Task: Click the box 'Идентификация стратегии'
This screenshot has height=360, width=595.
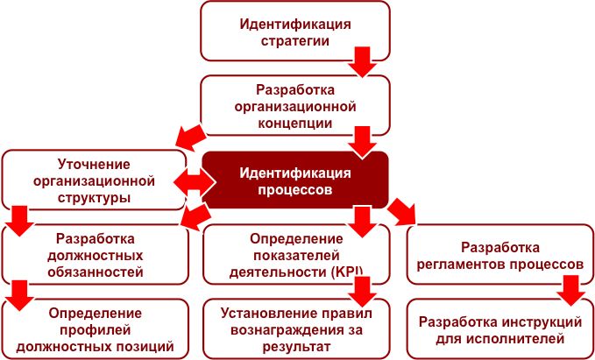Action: (295, 32)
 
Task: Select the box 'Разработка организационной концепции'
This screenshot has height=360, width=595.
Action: (295, 105)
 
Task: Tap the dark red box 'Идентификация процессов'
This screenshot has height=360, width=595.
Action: (295, 180)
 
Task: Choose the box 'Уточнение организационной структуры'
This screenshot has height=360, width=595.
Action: (94, 180)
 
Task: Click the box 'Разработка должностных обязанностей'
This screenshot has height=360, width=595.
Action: (96, 254)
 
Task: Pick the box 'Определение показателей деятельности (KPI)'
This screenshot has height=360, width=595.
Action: (296, 254)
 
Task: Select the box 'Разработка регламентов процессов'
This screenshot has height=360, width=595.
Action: (500, 254)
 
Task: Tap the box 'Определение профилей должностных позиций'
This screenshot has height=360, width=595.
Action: (96, 328)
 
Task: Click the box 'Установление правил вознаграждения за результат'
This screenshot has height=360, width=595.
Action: (296, 328)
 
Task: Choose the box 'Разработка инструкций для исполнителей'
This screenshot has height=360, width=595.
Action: (500, 328)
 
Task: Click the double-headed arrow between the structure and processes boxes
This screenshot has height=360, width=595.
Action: (195, 182)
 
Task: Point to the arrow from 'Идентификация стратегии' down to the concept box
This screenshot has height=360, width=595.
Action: (363, 62)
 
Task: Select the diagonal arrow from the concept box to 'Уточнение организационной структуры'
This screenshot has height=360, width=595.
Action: (191, 137)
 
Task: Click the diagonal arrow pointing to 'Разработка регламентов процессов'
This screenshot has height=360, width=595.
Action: (402, 213)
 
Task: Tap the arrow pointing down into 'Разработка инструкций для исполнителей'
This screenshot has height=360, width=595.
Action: (571, 290)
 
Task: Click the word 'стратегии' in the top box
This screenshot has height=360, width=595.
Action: (294, 40)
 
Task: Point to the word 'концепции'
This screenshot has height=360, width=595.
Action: (294, 124)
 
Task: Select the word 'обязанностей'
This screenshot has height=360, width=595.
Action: (95, 272)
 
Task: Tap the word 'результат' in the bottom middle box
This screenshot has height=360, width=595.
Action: (296, 347)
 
